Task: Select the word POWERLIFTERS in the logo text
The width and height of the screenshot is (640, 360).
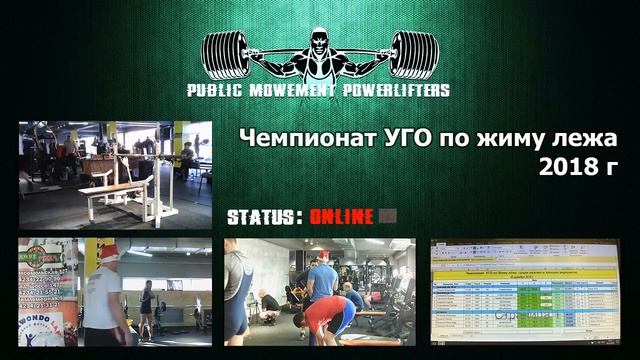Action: tap(394, 90)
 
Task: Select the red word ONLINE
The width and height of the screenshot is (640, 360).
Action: tap(341, 216)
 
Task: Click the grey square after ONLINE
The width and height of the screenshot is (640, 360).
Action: tap(388, 216)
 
